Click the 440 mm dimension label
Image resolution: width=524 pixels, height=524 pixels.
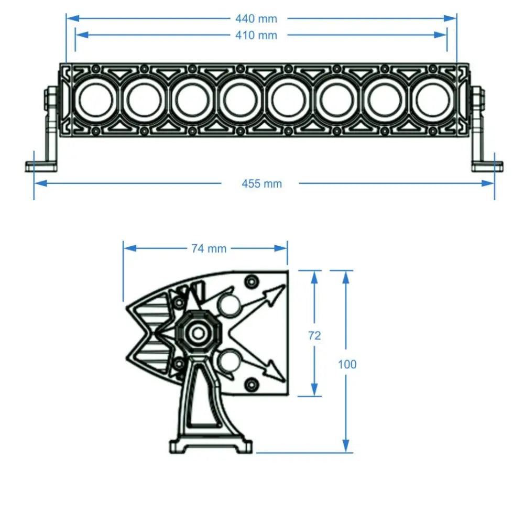(x=256, y=18)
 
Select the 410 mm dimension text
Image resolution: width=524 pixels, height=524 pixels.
(x=256, y=35)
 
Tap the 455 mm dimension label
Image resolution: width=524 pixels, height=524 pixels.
(x=261, y=183)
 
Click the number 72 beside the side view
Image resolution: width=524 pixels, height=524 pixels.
(x=314, y=336)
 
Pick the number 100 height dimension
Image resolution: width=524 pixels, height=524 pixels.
(x=347, y=364)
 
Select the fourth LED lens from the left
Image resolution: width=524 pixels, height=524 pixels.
(x=240, y=100)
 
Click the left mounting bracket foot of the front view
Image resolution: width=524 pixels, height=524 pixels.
(x=41, y=167)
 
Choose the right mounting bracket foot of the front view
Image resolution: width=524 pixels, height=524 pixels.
(x=487, y=167)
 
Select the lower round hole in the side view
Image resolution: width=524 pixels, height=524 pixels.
(x=229, y=362)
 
